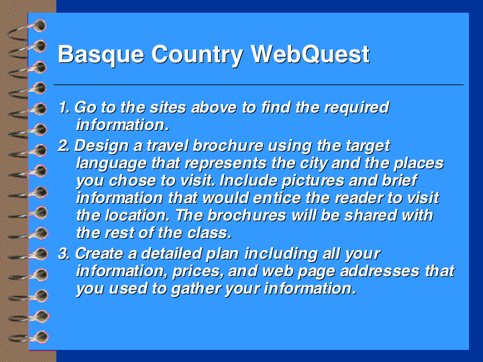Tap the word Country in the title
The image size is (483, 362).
197,55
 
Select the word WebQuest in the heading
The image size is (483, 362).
310,54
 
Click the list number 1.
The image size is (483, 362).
64,107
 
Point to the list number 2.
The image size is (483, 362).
64,145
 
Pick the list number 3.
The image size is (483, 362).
64,253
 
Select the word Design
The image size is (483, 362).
101,147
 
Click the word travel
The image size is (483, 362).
167,145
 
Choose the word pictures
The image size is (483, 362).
313,181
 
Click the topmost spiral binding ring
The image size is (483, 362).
27,29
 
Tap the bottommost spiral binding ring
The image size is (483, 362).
29,337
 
